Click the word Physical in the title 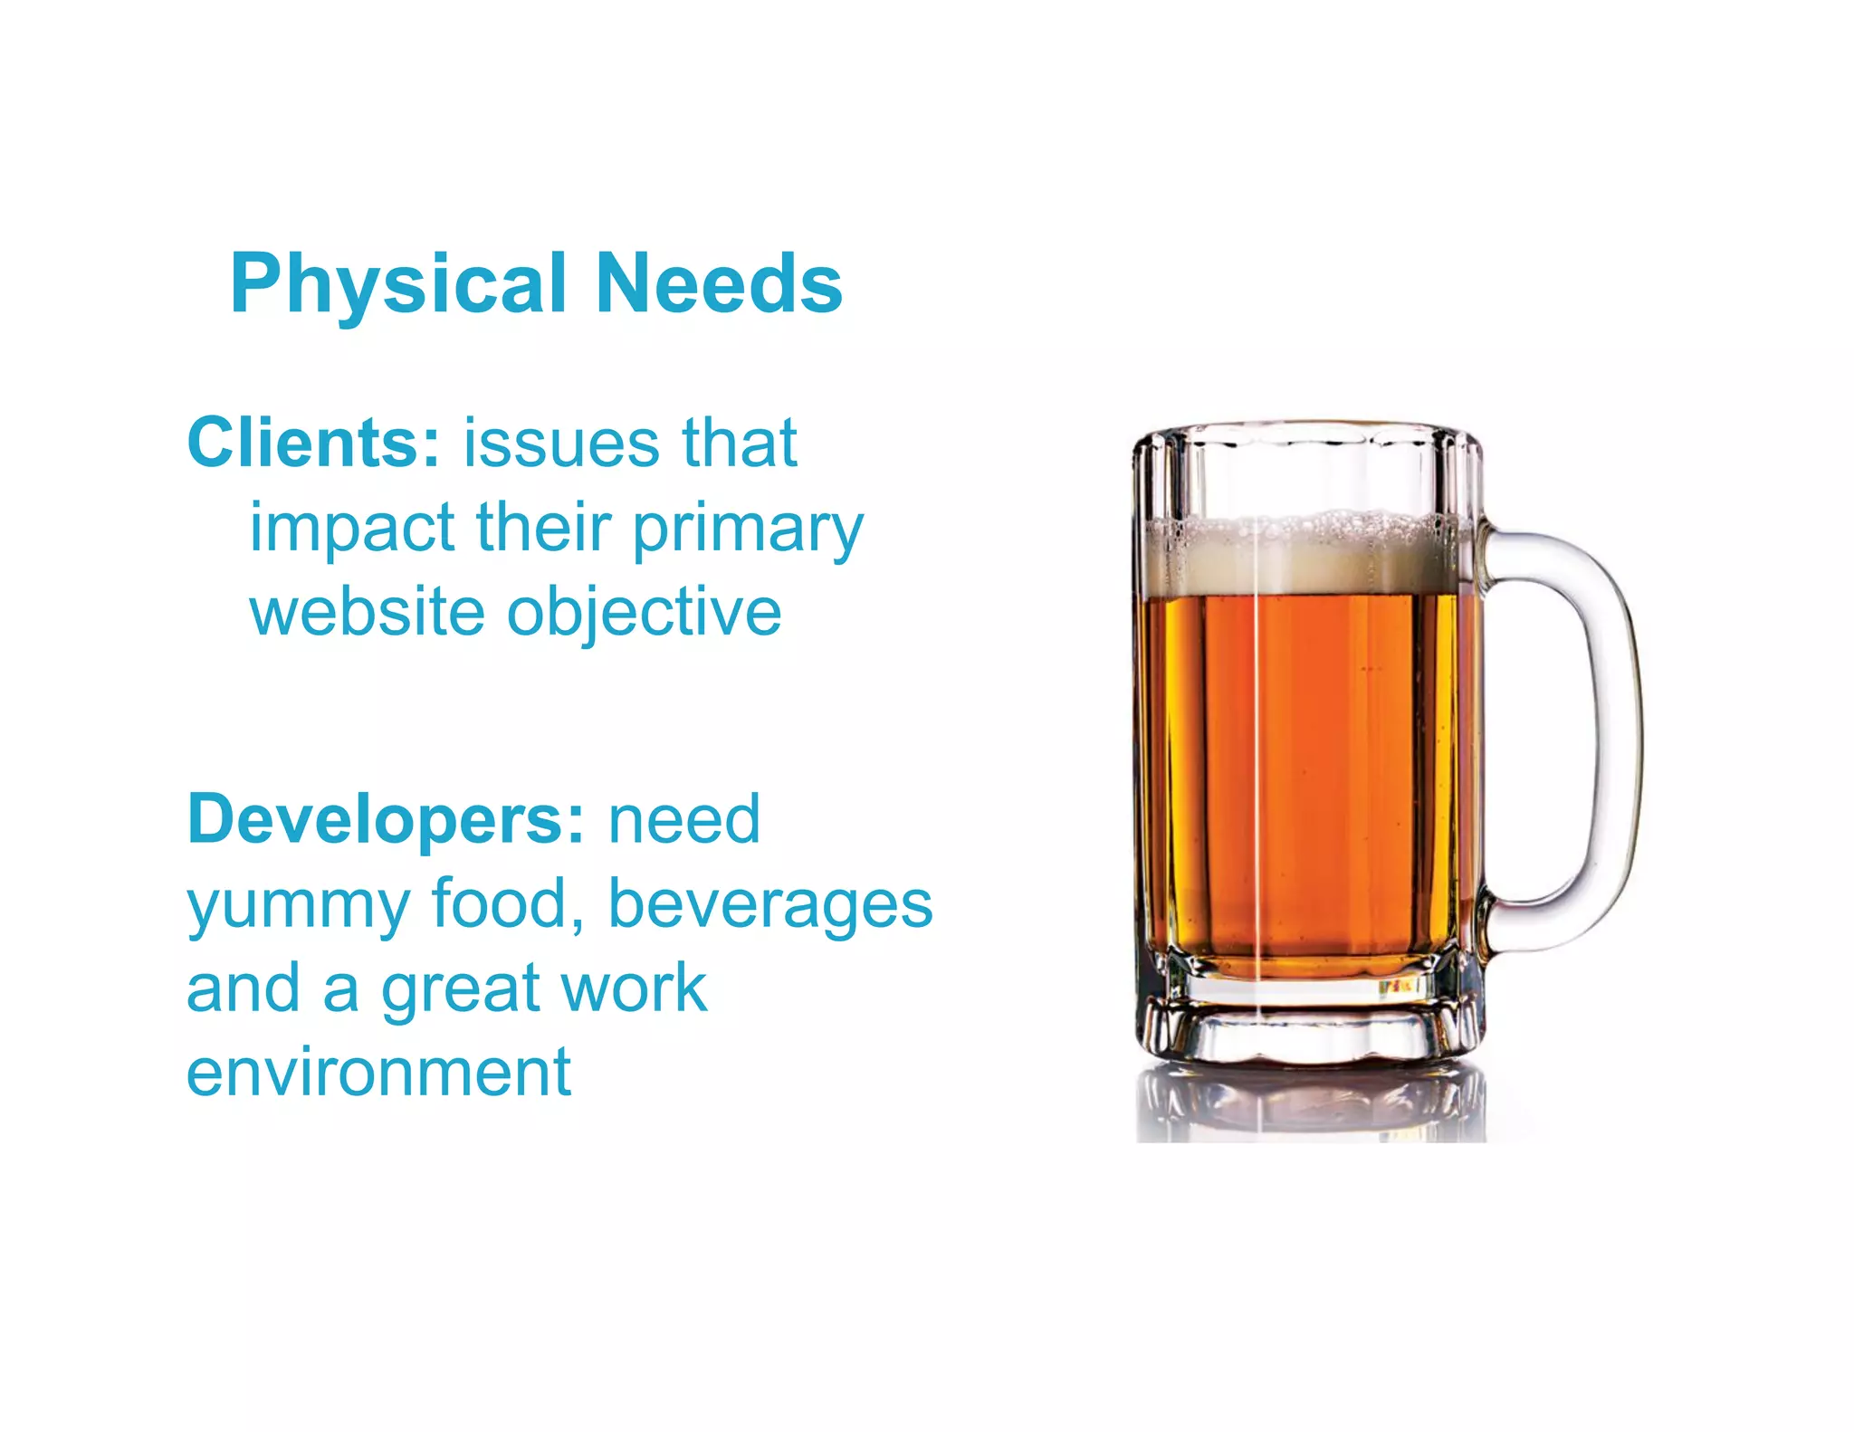click(x=398, y=285)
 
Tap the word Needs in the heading click(x=720, y=283)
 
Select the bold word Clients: click(x=313, y=443)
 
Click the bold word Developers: click(x=386, y=819)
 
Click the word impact click(x=352, y=529)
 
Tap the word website click(x=367, y=612)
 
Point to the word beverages click(x=770, y=905)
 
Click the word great click(x=459, y=990)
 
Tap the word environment click(x=378, y=1072)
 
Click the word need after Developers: click(x=684, y=819)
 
